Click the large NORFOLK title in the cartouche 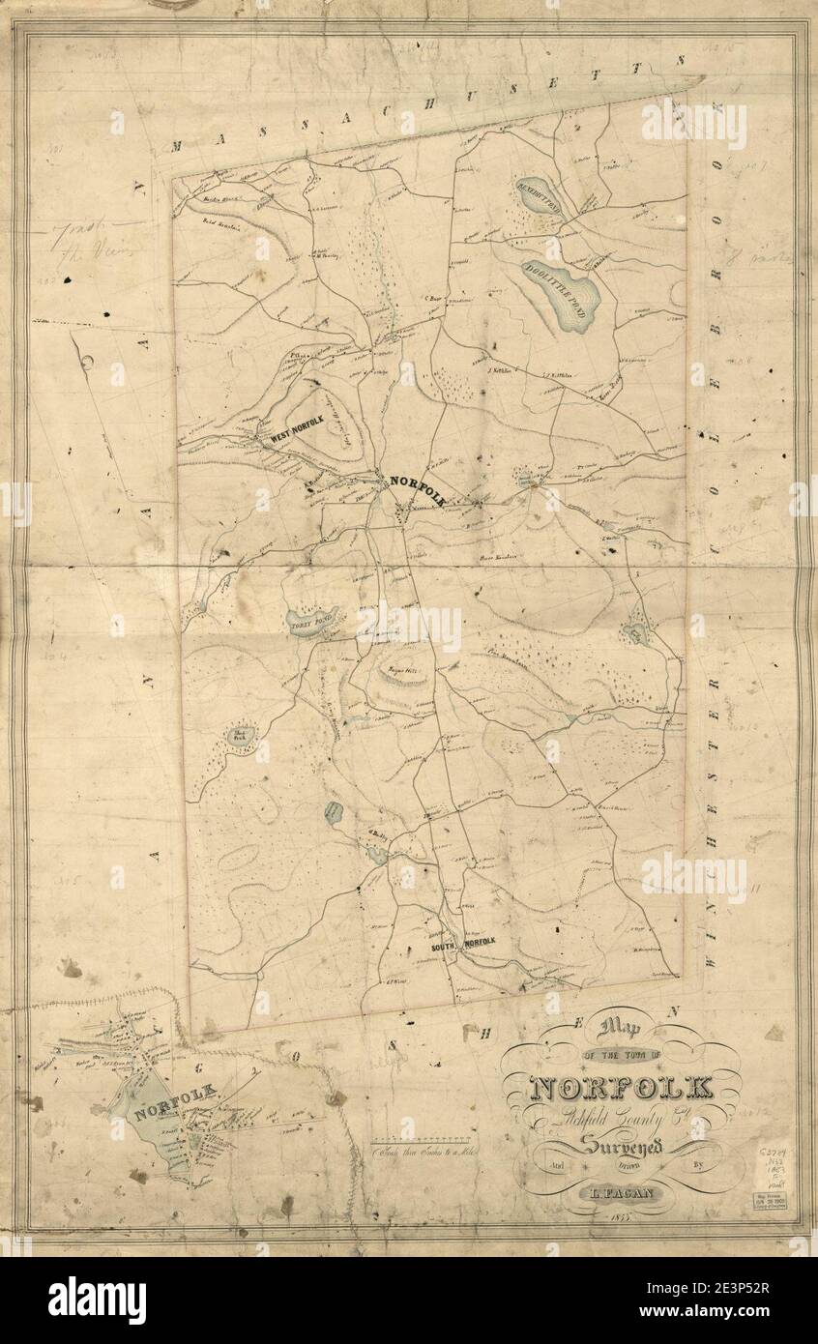[621, 1088]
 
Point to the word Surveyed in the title [622, 1148]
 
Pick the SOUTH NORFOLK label [463, 943]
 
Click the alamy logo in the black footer [97, 1300]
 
